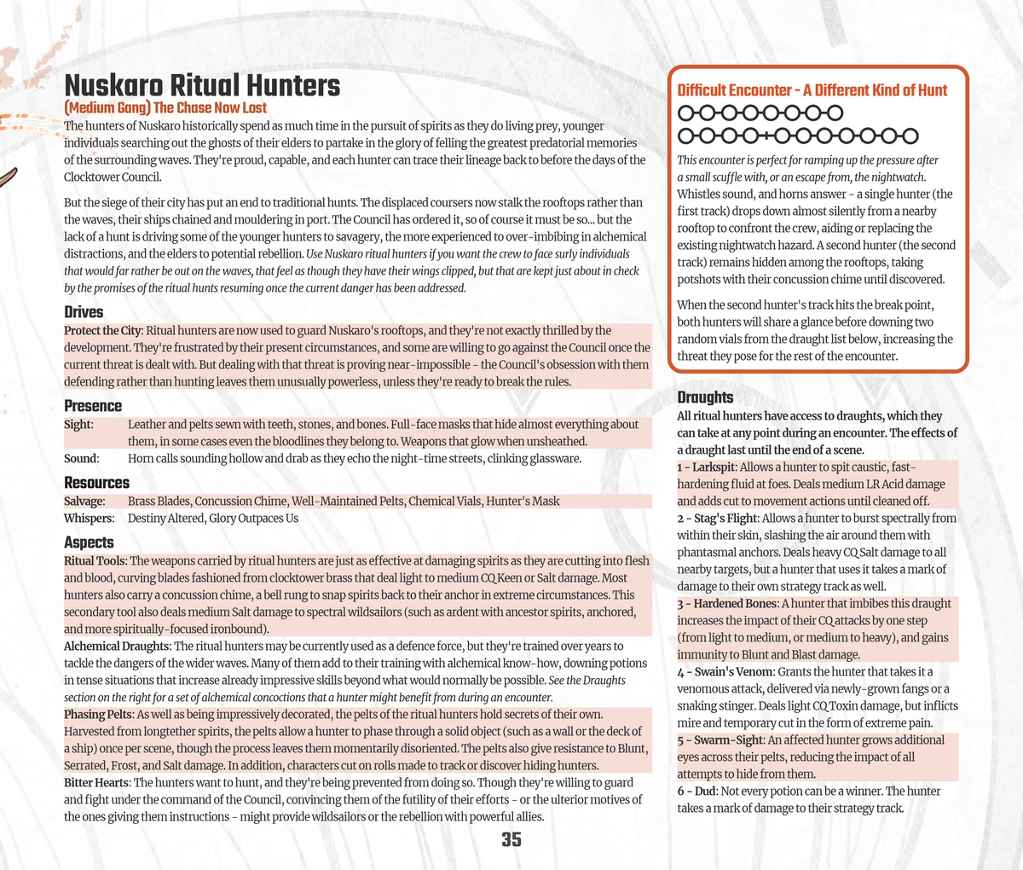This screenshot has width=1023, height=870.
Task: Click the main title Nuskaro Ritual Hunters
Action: point(202,86)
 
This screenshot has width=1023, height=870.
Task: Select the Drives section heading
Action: point(84,312)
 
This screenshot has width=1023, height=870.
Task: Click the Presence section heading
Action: point(93,406)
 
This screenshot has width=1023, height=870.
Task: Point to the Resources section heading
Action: point(97,483)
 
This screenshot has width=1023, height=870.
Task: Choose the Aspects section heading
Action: point(89,542)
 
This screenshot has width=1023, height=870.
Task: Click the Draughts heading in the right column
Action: point(705,397)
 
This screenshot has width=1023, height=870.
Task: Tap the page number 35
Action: point(511,839)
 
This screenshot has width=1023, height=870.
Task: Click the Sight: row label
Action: point(79,425)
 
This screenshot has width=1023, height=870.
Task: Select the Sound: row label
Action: point(82,459)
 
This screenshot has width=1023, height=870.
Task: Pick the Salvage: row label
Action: point(85,502)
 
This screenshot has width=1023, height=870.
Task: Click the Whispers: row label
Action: point(90,519)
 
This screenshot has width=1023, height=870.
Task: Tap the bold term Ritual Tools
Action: point(95,560)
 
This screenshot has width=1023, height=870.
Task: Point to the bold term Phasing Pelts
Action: point(98,714)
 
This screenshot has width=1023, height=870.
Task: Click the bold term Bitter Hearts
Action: point(96,782)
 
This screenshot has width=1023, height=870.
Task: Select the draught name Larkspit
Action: point(715,467)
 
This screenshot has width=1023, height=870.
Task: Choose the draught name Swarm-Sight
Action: point(726,740)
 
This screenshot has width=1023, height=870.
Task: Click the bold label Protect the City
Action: point(103,330)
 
